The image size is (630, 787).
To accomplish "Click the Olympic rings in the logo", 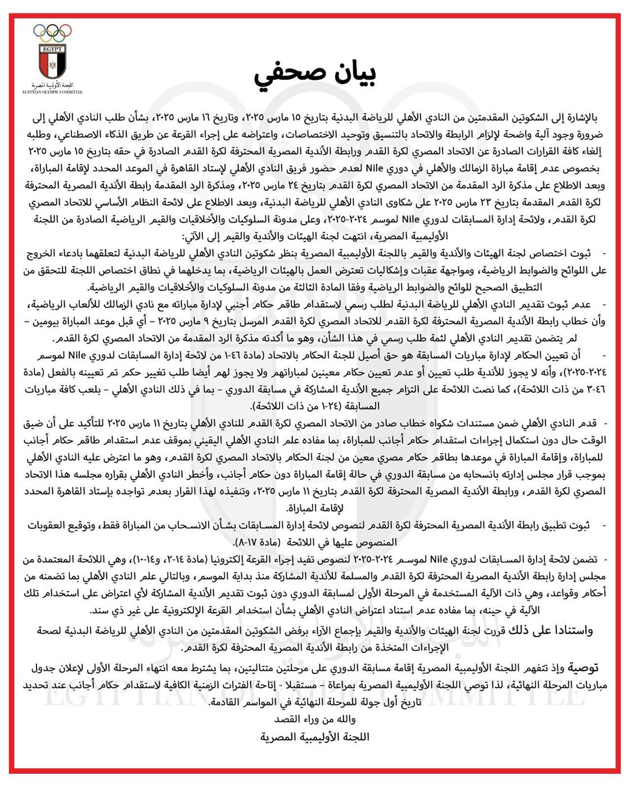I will coord(52,32).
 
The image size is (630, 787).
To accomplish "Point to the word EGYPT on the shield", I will coord(52,49).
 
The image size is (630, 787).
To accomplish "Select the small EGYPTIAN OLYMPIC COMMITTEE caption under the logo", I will coord(52,92).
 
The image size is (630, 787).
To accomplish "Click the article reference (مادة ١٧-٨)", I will coord(256,542).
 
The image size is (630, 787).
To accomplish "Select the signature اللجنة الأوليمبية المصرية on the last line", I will coord(315,736).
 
